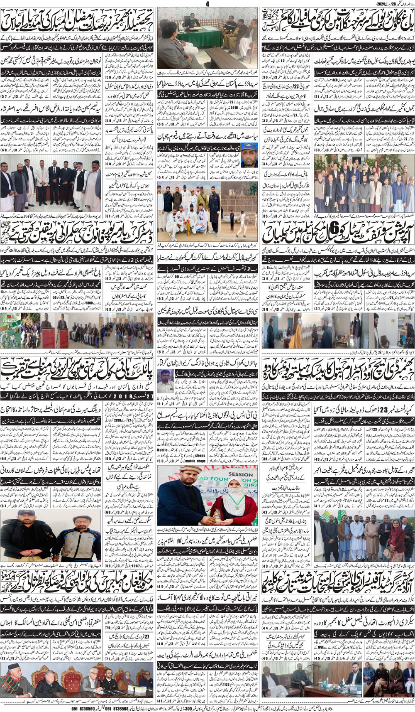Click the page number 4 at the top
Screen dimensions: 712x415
tap(207, 3)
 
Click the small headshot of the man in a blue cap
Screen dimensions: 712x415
tap(249, 155)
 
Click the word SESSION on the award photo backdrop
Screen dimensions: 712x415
tap(240, 474)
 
